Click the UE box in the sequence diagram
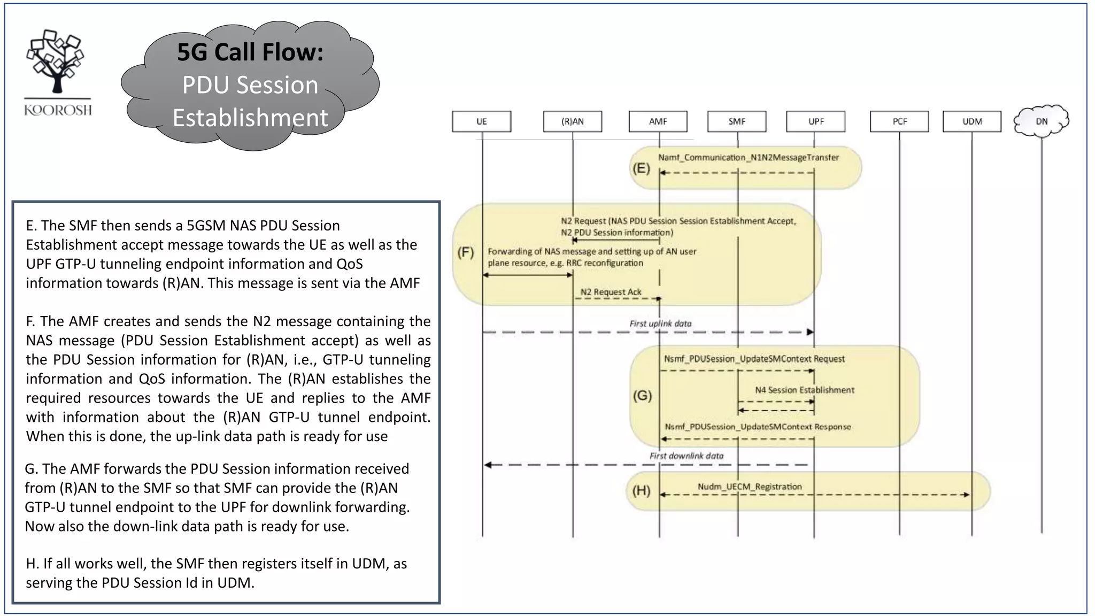click(x=481, y=121)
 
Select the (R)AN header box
click(x=572, y=121)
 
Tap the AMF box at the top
click(x=658, y=121)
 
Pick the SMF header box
click(x=736, y=121)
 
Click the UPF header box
click(x=815, y=121)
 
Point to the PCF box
click(x=899, y=121)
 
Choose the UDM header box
click(x=971, y=121)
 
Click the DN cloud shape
click(x=1041, y=121)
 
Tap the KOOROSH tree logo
click(x=57, y=61)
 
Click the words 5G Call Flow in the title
click(x=250, y=52)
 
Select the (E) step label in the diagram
click(x=641, y=168)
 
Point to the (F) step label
click(x=465, y=252)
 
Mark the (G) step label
click(x=642, y=396)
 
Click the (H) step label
click(x=641, y=490)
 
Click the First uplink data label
click(x=660, y=324)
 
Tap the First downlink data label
click(x=686, y=456)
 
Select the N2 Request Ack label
click(x=611, y=292)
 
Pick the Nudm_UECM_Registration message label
click(x=750, y=487)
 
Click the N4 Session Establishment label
click(x=804, y=390)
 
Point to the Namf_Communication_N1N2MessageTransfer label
click(x=748, y=157)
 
